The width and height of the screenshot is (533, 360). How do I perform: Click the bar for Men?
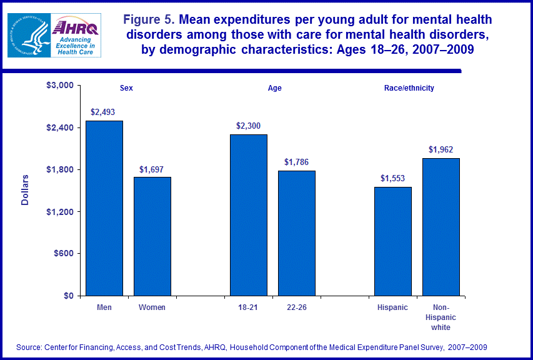tap(104, 208)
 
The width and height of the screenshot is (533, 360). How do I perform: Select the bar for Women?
tap(152, 236)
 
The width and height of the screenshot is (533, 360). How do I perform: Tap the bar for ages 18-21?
tap(249, 215)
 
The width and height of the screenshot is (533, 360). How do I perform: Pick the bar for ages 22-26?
tap(297, 233)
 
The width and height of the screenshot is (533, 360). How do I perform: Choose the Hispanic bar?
tap(392, 241)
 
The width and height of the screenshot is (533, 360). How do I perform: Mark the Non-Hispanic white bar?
tap(441, 227)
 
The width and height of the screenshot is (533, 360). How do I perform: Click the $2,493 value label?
tap(103, 112)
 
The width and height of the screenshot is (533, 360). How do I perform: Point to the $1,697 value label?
tap(152, 169)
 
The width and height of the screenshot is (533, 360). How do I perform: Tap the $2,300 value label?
tap(248, 126)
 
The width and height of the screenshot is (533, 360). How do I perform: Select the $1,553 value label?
tap(393, 178)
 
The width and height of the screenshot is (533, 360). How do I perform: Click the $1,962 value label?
tap(441, 149)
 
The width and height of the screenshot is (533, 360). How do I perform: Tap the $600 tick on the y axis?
tap(64, 254)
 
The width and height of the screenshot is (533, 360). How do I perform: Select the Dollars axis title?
tap(25, 190)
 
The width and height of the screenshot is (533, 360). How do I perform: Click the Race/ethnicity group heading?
tap(409, 88)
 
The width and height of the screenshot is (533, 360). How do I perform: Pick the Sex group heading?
tap(127, 88)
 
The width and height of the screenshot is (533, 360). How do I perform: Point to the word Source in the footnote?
tap(29, 347)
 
